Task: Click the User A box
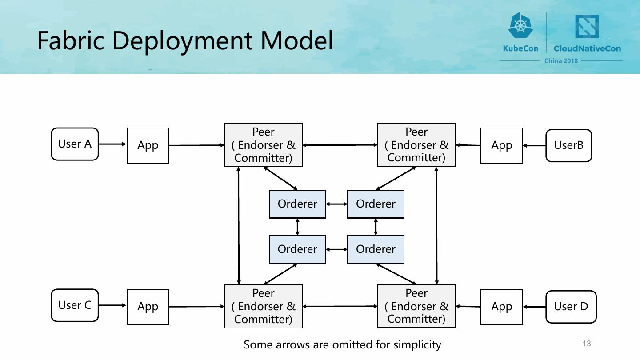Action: point(75,144)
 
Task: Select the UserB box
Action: point(568,145)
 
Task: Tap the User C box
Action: point(75,305)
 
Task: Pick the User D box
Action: point(571,307)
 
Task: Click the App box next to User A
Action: point(148,145)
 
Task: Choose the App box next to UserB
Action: point(502,145)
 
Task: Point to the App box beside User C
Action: point(148,307)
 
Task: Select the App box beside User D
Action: point(502,307)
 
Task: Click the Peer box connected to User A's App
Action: point(263,145)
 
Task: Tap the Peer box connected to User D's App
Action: point(416,306)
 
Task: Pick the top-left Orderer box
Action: point(297,204)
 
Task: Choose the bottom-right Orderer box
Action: point(376,249)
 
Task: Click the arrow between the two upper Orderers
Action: point(336,204)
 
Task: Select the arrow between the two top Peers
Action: point(340,145)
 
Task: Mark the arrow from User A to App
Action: point(112,144)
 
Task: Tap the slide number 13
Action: point(587,344)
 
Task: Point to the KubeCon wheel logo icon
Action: point(520,25)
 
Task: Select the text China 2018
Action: point(561,61)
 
